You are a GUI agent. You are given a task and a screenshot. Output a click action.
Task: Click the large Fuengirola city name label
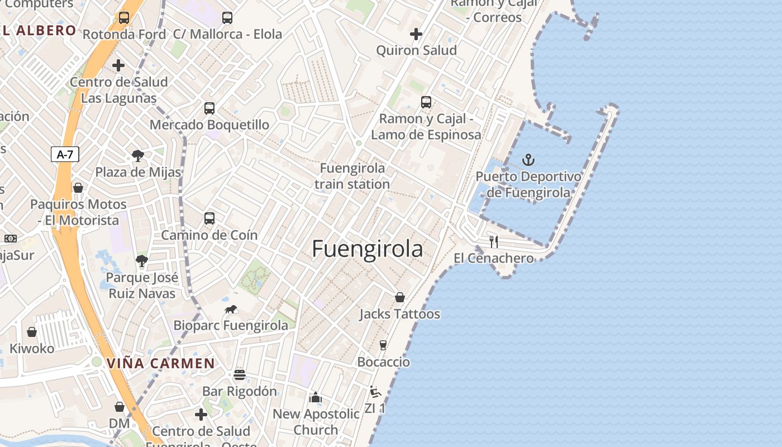[x=367, y=249]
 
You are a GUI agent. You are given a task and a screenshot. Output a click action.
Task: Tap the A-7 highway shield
[x=65, y=154]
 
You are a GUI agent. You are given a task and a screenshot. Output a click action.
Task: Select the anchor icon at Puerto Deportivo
[x=528, y=160]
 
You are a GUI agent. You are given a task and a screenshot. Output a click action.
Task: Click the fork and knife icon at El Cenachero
[x=494, y=241]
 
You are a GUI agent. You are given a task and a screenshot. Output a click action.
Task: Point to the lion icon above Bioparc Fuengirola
[x=231, y=309]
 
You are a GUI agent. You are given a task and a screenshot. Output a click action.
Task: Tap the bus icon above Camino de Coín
[x=209, y=218]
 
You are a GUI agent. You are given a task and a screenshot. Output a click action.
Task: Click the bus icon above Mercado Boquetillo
[x=209, y=108]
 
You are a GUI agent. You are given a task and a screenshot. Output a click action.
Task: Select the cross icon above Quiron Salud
[x=416, y=34]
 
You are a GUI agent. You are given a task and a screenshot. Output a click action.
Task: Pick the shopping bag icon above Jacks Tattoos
[x=400, y=297]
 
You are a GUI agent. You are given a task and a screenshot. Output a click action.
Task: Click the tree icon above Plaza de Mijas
[x=138, y=156]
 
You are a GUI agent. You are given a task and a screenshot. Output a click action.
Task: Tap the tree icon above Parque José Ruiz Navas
[x=142, y=260]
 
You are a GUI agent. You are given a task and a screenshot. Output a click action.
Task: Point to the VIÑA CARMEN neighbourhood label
[x=160, y=363]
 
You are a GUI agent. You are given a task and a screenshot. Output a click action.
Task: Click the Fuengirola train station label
[x=352, y=176]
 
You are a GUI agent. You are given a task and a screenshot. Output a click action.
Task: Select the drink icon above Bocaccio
[x=383, y=345]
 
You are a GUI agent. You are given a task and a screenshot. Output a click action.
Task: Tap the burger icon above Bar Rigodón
[x=240, y=374]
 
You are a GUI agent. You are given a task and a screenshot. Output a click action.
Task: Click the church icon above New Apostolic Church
[x=316, y=397]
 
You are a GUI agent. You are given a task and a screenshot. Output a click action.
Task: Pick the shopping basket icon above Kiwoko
[x=32, y=332]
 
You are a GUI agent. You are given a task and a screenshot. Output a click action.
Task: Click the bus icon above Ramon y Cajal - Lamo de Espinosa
[x=426, y=102]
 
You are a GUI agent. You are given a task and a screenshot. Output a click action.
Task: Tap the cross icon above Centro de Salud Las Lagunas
[x=118, y=65]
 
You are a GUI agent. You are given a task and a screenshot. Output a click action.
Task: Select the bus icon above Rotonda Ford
[x=124, y=18]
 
